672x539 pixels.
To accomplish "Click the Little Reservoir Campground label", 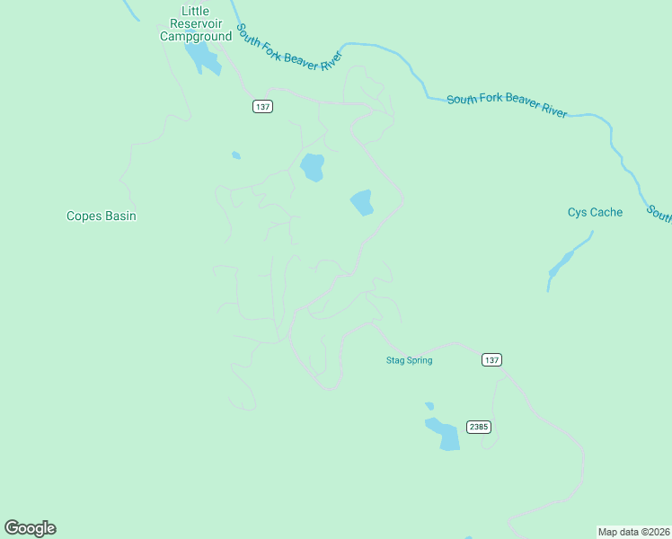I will pyautogui.click(x=195, y=24).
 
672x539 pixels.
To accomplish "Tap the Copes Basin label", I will pyautogui.click(x=102, y=216).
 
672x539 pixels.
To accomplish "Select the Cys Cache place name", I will pyautogui.click(x=595, y=213).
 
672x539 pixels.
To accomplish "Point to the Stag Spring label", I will pyautogui.click(x=409, y=360).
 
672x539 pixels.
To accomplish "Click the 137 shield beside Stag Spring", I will pyautogui.click(x=491, y=359).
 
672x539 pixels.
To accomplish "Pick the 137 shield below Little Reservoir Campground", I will pyautogui.click(x=261, y=106).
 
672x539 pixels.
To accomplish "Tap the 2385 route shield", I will pyautogui.click(x=479, y=427).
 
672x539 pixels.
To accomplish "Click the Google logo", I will pyautogui.click(x=30, y=528).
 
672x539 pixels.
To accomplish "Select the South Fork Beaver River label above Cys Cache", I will pyautogui.click(x=507, y=104).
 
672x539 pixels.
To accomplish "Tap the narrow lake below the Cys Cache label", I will pyautogui.click(x=563, y=261).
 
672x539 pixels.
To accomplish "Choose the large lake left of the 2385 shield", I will pyautogui.click(x=444, y=434).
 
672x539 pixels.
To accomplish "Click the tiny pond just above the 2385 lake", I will pyautogui.click(x=429, y=406).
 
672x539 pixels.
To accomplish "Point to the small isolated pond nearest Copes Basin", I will pyautogui.click(x=235, y=155).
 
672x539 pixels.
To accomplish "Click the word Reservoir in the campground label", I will pyautogui.click(x=195, y=24).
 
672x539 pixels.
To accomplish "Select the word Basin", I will pyautogui.click(x=119, y=216).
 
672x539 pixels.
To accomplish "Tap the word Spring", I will pyautogui.click(x=419, y=360).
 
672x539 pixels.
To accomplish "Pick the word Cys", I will pyautogui.click(x=577, y=213).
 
